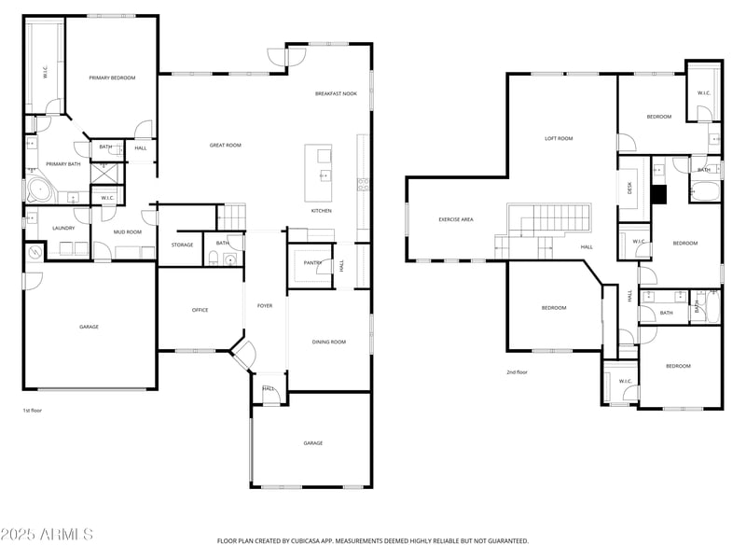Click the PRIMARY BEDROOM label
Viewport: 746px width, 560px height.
(x=112, y=78)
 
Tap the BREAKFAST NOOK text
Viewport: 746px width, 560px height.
(x=336, y=93)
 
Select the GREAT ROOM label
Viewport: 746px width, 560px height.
(x=225, y=145)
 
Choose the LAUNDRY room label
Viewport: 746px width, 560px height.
(x=63, y=228)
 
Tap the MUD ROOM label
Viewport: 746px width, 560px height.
(x=128, y=231)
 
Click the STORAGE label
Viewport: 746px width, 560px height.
(x=182, y=245)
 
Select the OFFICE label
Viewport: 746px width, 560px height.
(x=200, y=310)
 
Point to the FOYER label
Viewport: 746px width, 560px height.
(x=265, y=305)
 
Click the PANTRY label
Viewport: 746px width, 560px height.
(x=312, y=263)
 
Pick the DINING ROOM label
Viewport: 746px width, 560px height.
(x=328, y=342)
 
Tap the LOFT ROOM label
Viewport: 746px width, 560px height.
(x=559, y=138)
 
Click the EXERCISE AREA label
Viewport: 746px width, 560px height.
(x=456, y=219)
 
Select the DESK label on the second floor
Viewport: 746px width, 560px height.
(x=630, y=187)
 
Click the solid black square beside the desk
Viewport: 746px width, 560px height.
(x=659, y=194)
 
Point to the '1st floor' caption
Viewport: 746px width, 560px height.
(x=33, y=410)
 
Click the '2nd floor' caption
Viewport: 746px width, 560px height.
(x=517, y=371)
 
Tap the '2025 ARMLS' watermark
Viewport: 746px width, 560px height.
(x=47, y=535)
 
